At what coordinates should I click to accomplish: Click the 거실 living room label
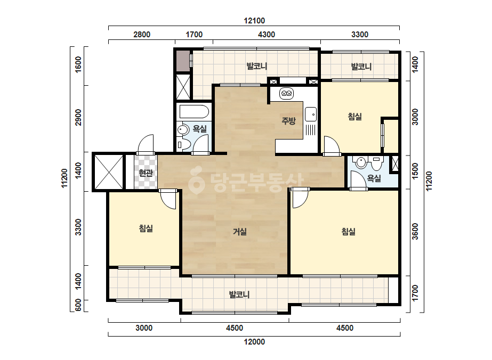click(240, 232)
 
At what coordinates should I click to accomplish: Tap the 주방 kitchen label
click(288, 120)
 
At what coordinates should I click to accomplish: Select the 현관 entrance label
click(146, 173)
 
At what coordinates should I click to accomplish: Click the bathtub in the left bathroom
click(194, 112)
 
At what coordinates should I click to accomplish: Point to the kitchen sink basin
click(311, 114)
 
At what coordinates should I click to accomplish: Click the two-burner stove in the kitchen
click(286, 93)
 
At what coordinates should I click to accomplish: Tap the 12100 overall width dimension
click(254, 21)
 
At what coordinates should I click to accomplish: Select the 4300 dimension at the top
click(267, 35)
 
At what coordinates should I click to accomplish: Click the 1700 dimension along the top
click(194, 35)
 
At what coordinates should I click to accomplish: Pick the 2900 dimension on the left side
click(78, 117)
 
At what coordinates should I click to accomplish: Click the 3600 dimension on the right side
click(415, 232)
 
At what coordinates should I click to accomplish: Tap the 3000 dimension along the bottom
click(144, 328)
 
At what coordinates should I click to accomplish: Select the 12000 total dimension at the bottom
click(254, 342)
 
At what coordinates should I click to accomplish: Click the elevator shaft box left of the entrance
click(109, 172)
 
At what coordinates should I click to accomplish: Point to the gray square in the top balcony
click(183, 61)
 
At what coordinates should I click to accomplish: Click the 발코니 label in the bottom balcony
click(239, 294)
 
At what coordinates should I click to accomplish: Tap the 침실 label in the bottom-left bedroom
click(146, 228)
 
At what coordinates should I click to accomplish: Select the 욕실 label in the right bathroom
click(374, 178)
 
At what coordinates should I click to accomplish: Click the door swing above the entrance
click(146, 144)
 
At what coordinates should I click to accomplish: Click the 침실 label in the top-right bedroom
click(355, 117)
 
